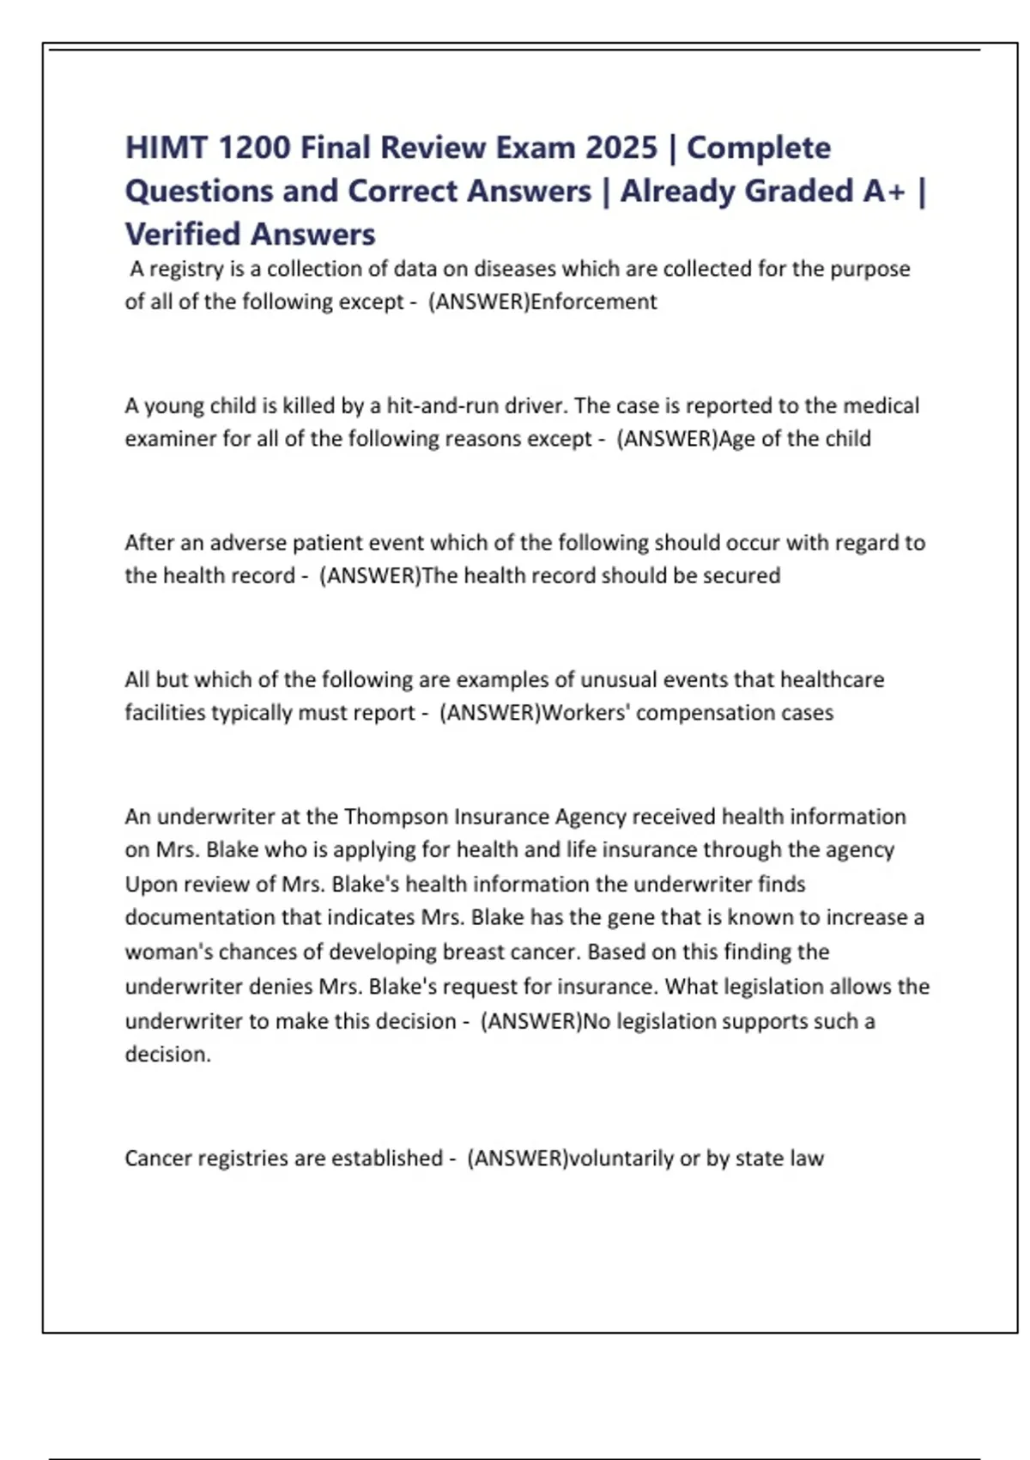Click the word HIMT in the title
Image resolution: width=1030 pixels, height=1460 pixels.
pyautogui.click(x=166, y=148)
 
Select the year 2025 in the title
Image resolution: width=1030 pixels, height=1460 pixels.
pyautogui.click(x=621, y=148)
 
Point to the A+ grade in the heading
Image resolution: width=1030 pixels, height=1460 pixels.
pyautogui.click(x=884, y=191)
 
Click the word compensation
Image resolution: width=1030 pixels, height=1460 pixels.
pyautogui.click(x=692, y=713)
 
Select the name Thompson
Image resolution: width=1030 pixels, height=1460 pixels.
pyautogui.click(x=396, y=816)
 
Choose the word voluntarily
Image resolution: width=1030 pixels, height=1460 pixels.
pyautogui.click(x=621, y=1158)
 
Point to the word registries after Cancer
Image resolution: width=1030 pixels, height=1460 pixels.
pyautogui.click(x=243, y=1158)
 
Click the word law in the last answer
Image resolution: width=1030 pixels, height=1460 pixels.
pyautogui.click(x=807, y=1158)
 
